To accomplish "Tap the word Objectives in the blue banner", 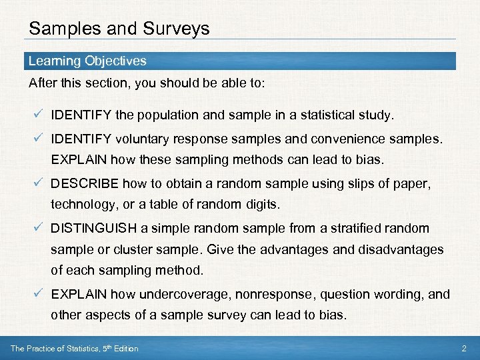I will click(115, 61).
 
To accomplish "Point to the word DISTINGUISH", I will click(93, 228).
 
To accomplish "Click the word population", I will click(168, 115).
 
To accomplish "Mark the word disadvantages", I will click(401, 249).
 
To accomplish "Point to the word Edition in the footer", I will click(125, 349).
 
